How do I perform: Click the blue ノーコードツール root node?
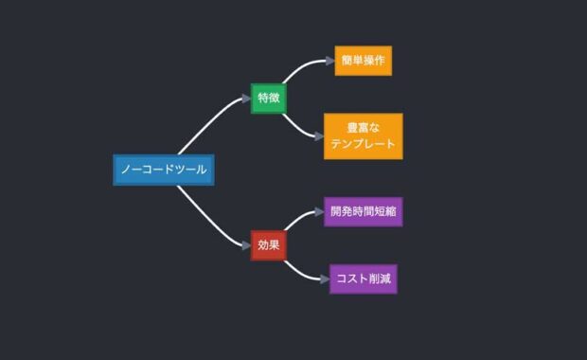(x=163, y=171)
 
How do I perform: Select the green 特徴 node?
(x=269, y=98)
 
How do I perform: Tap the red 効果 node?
(x=269, y=244)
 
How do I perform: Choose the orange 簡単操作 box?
(x=363, y=61)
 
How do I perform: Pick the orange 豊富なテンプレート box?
(x=363, y=135)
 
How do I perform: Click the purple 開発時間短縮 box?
(x=363, y=211)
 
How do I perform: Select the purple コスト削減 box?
(x=363, y=279)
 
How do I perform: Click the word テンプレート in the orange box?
(x=363, y=145)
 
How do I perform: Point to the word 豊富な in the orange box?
(x=363, y=127)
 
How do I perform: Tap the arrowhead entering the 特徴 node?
(x=246, y=98)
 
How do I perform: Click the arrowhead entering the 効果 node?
(x=246, y=245)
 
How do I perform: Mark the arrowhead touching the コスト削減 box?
(x=325, y=279)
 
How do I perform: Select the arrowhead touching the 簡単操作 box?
(x=329, y=62)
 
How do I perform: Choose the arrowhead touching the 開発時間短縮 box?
(x=319, y=211)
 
